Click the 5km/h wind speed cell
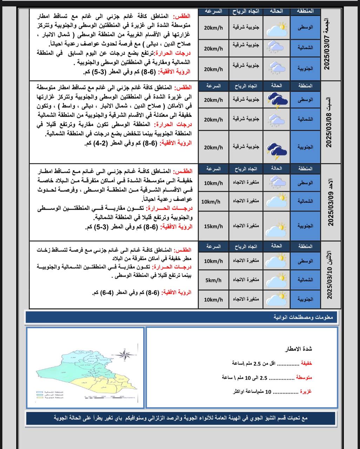(213, 280)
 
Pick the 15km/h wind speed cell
(213, 226)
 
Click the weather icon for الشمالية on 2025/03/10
(277, 280)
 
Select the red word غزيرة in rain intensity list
(305, 391)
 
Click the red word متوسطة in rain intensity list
(304, 377)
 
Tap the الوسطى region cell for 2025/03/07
(305, 27)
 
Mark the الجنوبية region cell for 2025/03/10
(305, 300)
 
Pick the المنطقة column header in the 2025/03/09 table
(305, 168)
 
